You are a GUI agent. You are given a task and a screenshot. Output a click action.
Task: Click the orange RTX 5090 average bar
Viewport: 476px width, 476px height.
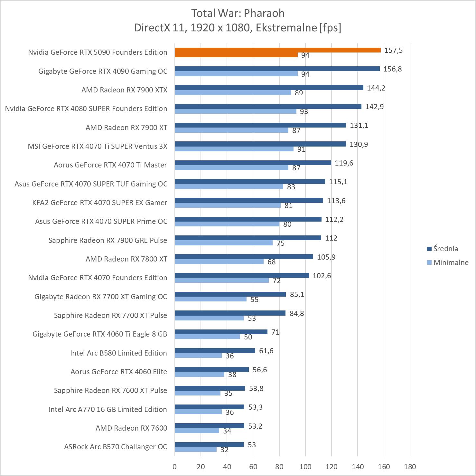pos(277,50)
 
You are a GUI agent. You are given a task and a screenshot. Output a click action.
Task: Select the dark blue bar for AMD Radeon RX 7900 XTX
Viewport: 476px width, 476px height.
pos(269,88)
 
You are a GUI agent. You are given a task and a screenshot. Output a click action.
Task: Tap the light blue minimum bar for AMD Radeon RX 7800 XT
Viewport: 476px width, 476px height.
pos(219,262)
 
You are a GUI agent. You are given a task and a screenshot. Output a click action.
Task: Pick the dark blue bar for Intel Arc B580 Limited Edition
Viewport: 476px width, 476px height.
pos(215,350)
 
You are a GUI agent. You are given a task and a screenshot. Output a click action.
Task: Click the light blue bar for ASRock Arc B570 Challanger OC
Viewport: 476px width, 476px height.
pos(196,449)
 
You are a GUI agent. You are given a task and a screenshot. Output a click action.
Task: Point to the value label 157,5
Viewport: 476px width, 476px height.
pos(393,50)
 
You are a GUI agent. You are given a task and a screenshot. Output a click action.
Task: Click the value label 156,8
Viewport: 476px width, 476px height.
pos(392,69)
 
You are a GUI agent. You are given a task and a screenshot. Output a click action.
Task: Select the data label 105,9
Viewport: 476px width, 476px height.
pos(326,257)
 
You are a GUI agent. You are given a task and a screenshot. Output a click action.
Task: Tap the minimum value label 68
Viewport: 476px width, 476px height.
pos(272,262)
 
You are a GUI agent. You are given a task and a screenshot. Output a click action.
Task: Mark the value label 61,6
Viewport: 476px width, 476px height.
pos(266,351)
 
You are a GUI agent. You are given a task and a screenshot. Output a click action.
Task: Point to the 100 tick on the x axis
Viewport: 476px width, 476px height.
pos(305,467)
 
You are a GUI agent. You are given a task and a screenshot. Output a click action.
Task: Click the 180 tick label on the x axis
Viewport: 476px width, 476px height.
pos(410,467)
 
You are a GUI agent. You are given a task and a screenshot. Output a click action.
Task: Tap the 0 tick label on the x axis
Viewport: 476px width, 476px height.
pos(175,467)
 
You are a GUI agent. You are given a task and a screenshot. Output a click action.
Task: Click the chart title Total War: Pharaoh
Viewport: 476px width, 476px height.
pos(238,13)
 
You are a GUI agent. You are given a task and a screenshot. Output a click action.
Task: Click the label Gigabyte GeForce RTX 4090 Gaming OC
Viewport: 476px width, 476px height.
pos(103,71)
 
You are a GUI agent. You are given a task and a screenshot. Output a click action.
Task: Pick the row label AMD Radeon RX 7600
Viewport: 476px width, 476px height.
pos(131,428)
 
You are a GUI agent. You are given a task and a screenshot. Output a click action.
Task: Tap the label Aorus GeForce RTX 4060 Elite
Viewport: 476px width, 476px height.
pos(119,372)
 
